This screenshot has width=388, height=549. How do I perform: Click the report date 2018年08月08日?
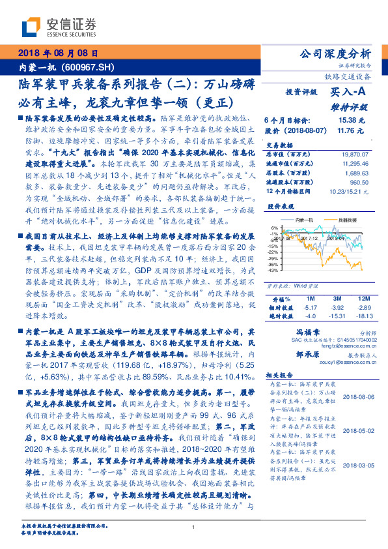(57, 53)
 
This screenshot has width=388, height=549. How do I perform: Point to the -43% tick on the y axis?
(273, 269)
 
